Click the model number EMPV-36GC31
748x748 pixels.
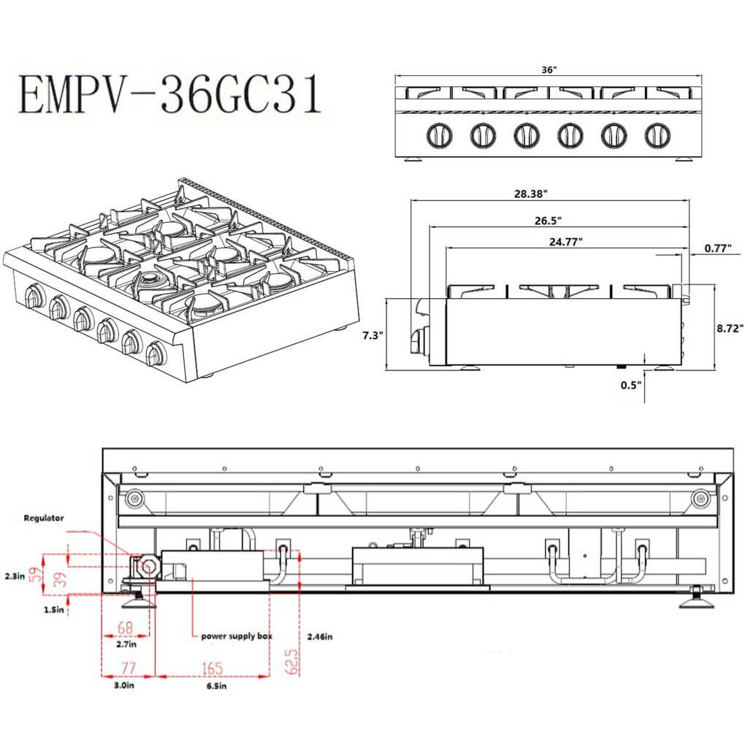pyautogui.click(x=169, y=95)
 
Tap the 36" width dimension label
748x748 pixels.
pyautogui.click(x=549, y=70)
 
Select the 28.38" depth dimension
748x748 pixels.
pyautogui.click(x=530, y=194)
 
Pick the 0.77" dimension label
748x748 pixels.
pyautogui.click(x=717, y=248)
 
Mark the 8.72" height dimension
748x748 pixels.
pyautogui.click(x=730, y=329)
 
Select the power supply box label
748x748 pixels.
pyautogui.click(x=237, y=636)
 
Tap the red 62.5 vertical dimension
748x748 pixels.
pyautogui.click(x=291, y=660)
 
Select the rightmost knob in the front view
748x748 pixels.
pyautogui.click(x=657, y=135)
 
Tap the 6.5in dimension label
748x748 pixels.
pyautogui.click(x=213, y=686)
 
